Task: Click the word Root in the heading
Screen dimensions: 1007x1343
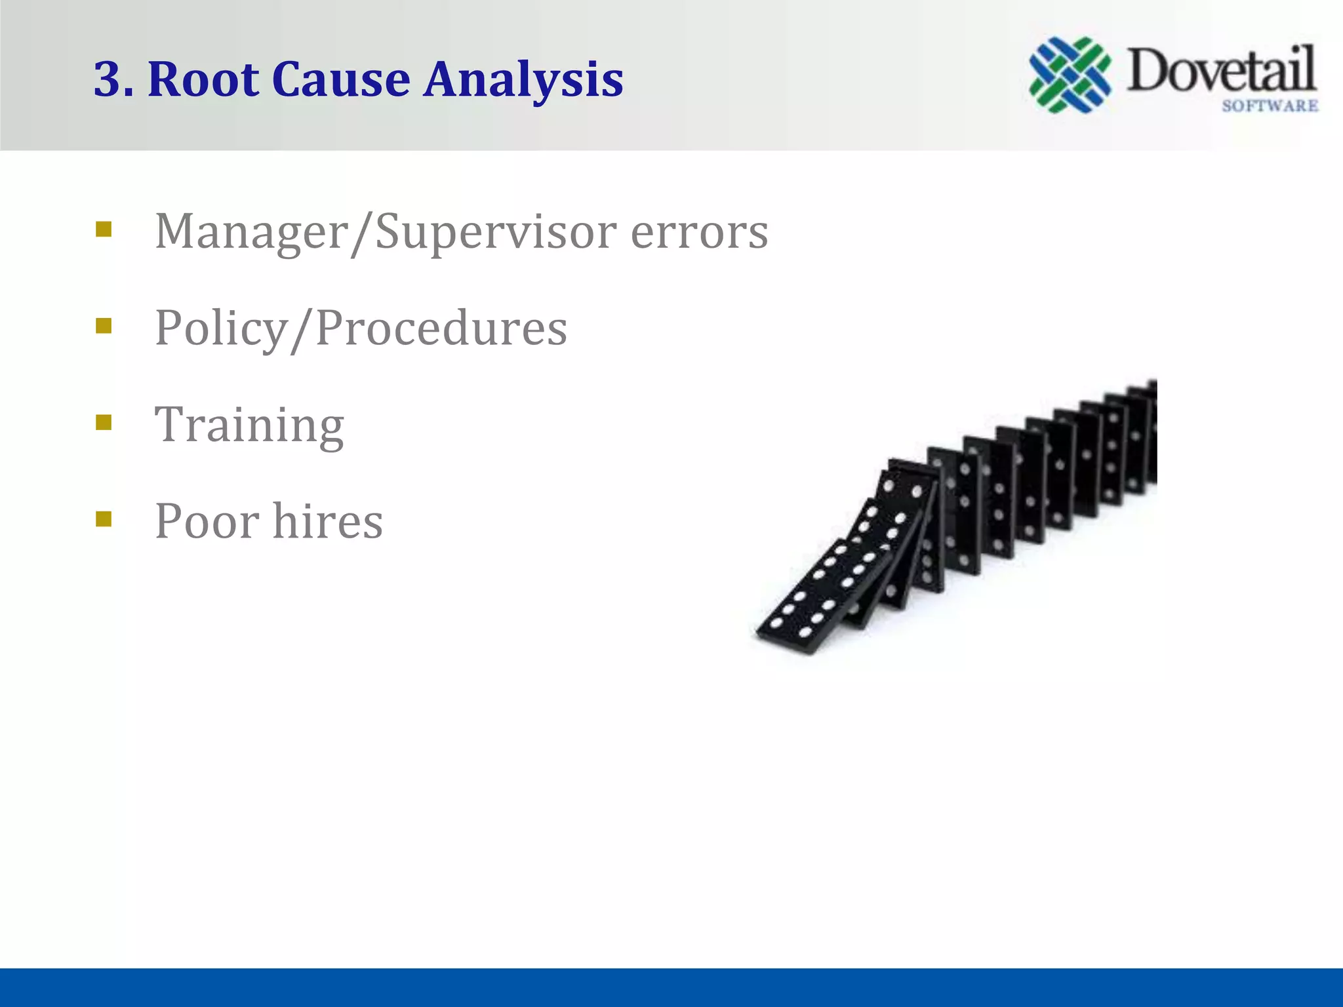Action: (203, 80)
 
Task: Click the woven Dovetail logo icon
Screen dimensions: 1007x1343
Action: (1070, 75)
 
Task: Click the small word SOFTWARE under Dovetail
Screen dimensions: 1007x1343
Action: (1270, 106)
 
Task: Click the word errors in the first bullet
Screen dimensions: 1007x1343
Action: (699, 233)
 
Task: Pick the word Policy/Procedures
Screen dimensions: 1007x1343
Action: (361, 328)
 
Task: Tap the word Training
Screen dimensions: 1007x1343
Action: (249, 425)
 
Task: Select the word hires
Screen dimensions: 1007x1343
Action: (328, 521)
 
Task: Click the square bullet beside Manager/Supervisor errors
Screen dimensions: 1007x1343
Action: (104, 229)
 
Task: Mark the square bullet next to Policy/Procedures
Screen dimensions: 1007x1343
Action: (104, 326)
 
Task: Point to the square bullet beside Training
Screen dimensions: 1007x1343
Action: (104, 422)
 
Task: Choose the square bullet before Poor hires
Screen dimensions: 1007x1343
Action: (104, 519)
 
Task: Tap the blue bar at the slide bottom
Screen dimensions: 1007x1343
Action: (671, 987)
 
